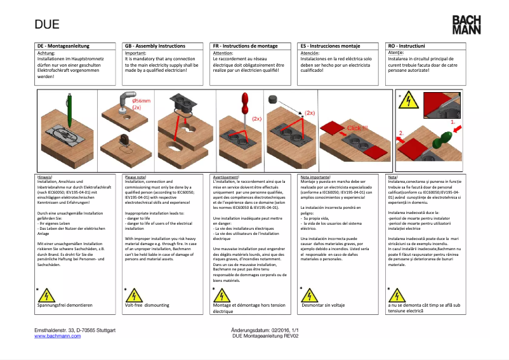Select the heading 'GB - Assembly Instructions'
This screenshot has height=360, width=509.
[x=155, y=46]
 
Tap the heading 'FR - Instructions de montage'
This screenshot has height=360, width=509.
[x=245, y=46]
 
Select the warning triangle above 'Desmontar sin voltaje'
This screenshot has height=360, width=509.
[x=310, y=295]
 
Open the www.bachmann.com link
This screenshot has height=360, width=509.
[x=57, y=336]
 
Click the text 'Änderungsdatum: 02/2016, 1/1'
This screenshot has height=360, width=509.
[x=265, y=330]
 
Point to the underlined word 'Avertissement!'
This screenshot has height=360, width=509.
[x=226, y=177]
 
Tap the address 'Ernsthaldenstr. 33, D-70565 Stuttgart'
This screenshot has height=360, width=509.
[x=74, y=330]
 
